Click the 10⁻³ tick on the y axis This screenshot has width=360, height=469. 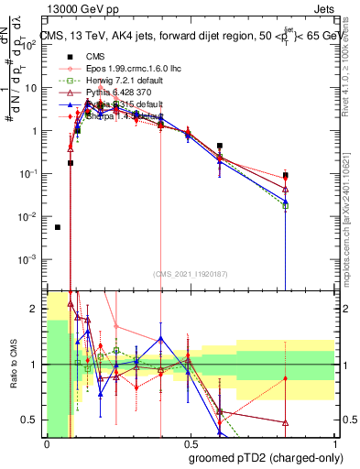pos(32,258)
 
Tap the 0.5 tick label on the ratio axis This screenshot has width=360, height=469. pos(35,420)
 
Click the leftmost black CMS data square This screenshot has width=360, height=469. pos(58,227)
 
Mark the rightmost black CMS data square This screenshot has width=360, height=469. pos(286,175)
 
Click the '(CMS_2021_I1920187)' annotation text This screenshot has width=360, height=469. pos(191,273)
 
